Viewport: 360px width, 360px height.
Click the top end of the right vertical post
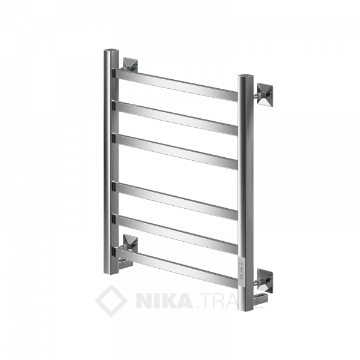click(x=246, y=78)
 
